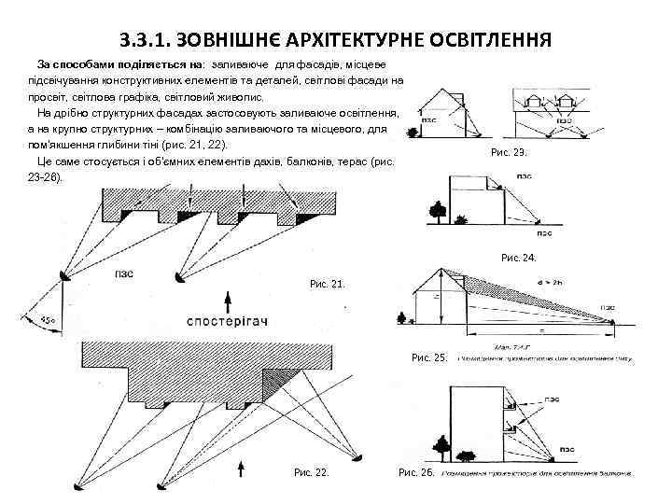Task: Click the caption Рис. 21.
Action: (x=327, y=283)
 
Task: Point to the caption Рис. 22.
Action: (x=312, y=473)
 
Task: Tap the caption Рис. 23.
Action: (x=509, y=152)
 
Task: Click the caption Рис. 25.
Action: (x=428, y=358)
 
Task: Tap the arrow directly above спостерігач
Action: (x=228, y=301)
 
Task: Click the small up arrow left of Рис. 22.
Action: (x=243, y=466)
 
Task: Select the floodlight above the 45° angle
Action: (x=59, y=284)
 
